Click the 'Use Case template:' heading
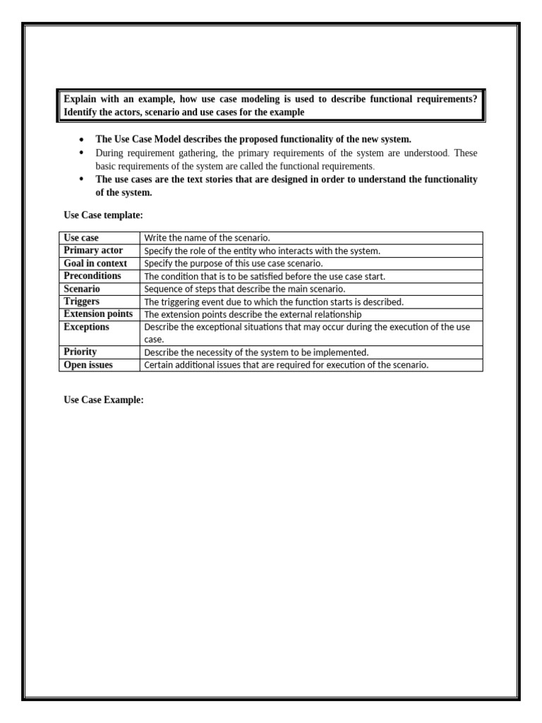(x=103, y=215)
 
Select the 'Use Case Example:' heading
(x=104, y=400)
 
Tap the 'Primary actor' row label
(x=93, y=251)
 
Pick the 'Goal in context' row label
(x=95, y=263)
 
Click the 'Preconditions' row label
(x=92, y=276)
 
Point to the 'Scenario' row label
(x=82, y=289)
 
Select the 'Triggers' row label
(x=81, y=301)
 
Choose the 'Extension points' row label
(x=98, y=314)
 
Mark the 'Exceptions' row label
(x=86, y=327)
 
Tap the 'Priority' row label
(x=80, y=352)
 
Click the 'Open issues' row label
(x=88, y=365)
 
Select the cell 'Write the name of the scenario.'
(x=207, y=238)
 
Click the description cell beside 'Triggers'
(x=274, y=301)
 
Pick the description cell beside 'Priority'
(x=256, y=352)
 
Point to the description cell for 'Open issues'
(x=286, y=365)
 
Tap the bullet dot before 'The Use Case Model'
(x=83, y=140)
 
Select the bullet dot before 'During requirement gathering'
(x=83, y=153)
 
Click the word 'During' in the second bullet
(x=109, y=153)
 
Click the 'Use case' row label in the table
(x=81, y=238)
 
